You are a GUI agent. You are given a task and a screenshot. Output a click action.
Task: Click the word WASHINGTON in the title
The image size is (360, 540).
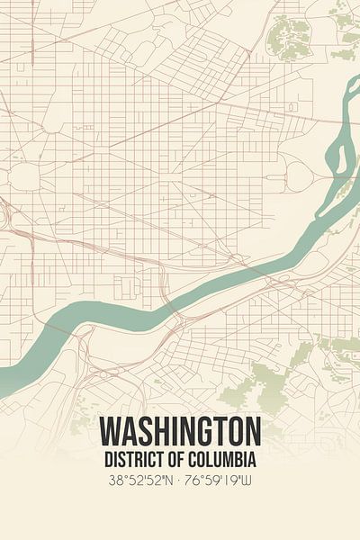tap(180, 430)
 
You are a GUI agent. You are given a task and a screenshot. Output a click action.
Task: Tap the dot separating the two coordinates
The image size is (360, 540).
tap(180, 481)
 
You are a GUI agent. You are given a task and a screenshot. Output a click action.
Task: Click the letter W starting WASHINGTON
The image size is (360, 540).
tap(110, 430)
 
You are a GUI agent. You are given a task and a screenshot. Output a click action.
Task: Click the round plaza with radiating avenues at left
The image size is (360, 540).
tap(24, 176)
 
